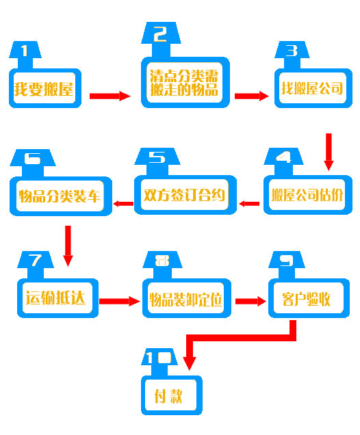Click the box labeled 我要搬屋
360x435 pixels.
tap(45, 88)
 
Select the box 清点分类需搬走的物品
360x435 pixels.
tap(185, 82)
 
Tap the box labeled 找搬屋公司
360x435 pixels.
tap(313, 88)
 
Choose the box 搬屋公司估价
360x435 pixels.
tap(308, 195)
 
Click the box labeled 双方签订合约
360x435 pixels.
tap(185, 195)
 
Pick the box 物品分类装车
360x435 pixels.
tap(61, 196)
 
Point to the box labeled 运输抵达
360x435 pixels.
tap(57, 298)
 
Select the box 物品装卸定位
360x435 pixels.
tap(187, 298)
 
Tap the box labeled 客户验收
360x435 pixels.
tap(309, 298)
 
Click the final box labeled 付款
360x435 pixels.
tap(172, 395)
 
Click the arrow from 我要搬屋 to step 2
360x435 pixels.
tap(110, 96)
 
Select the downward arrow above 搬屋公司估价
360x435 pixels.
tap(329, 152)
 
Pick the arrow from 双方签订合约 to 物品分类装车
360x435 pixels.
tap(123, 204)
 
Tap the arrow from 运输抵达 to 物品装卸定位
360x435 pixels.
tap(120, 301)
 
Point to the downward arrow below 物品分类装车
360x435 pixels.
tap(68, 246)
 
